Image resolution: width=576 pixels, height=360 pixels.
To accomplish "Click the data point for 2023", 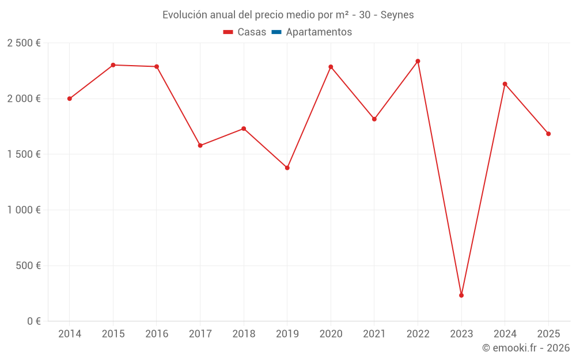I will [461, 295].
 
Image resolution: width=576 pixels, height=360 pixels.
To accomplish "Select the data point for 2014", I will [70, 98].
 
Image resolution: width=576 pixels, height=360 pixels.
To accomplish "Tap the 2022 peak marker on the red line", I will [418, 61].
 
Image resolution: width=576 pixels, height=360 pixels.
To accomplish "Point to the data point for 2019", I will [287, 168].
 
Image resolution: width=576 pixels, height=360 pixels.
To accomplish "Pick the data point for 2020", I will [331, 67].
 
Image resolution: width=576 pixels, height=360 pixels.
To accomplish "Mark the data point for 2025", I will [548, 134].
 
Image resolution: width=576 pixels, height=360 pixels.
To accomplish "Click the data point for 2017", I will [200, 146].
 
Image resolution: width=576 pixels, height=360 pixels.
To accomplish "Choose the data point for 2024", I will [505, 84].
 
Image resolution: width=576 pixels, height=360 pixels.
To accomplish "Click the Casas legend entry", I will [245, 32].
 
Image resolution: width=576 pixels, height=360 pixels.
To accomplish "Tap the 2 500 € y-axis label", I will [24, 43].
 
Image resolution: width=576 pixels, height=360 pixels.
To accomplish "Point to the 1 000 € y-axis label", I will [24, 210].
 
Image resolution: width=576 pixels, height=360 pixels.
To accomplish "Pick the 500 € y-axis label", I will [28, 266].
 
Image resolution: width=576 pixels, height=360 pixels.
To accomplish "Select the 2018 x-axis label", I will [244, 334].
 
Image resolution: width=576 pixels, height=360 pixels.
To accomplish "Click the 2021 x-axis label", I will [374, 334].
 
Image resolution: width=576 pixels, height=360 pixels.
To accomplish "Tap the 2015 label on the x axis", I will [113, 334].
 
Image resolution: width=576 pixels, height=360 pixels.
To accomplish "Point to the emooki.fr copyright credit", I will [525, 348].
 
